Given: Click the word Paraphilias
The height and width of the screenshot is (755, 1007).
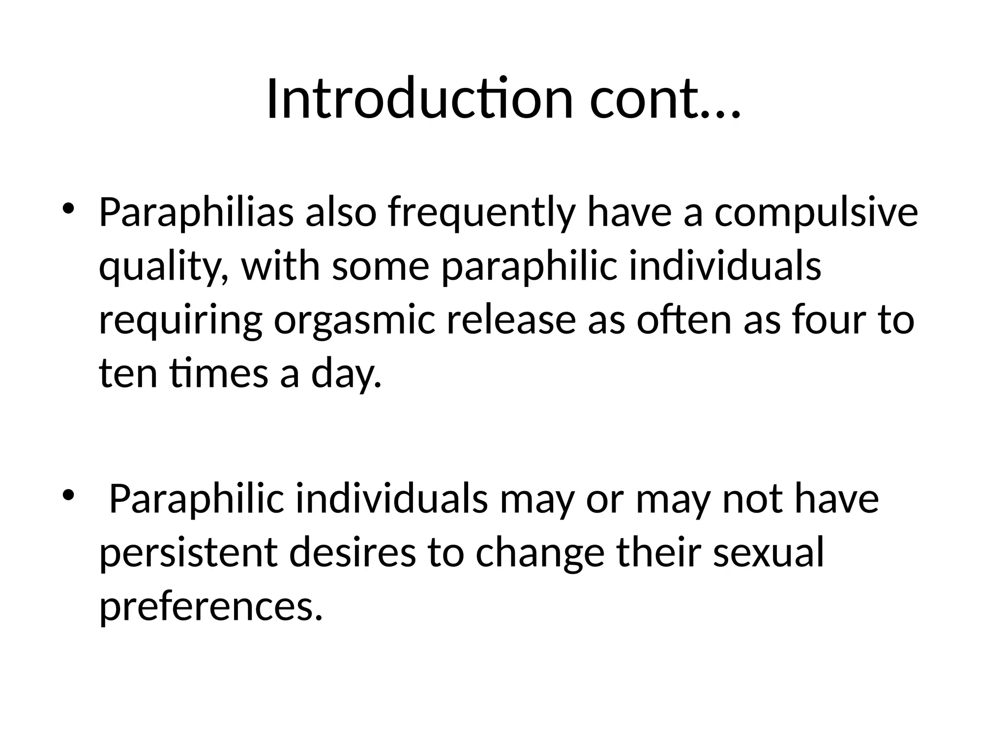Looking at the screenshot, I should (196, 213).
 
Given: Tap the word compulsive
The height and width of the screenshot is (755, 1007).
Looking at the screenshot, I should (816, 213).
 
